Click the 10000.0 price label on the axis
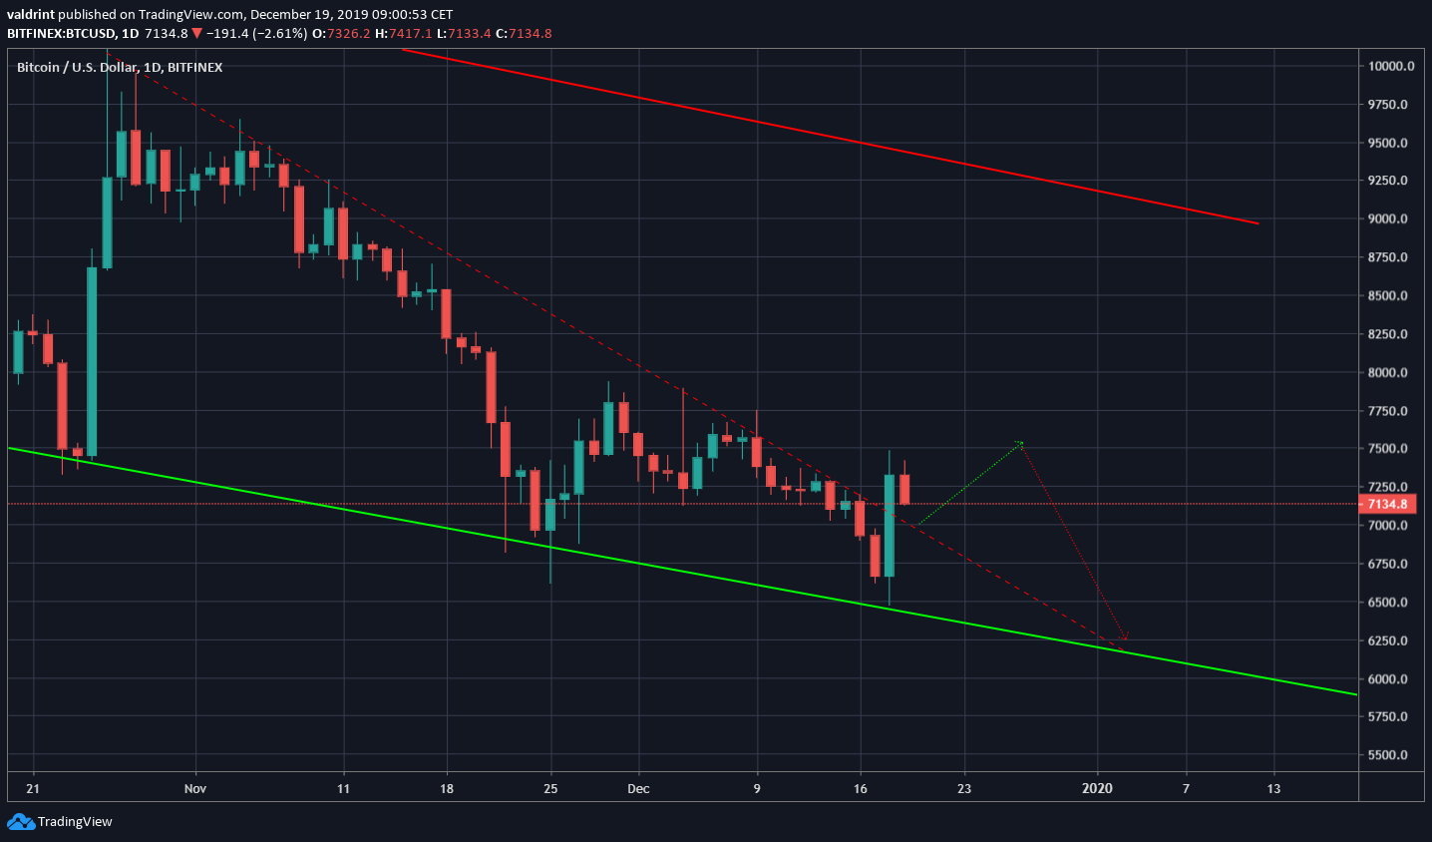point(1391,67)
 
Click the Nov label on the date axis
point(195,789)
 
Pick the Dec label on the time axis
point(638,789)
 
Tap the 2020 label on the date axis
point(1097,789)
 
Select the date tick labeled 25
point(550,789)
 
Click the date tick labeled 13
point(1273,789)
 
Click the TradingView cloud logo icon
point(20,822)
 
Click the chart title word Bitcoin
point(38,68)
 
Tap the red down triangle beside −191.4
point(197,34)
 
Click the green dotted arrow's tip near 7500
point(1020,442)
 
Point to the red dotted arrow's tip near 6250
point(1125,638)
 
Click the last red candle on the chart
point(904,489)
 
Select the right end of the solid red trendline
point(1258,223)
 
